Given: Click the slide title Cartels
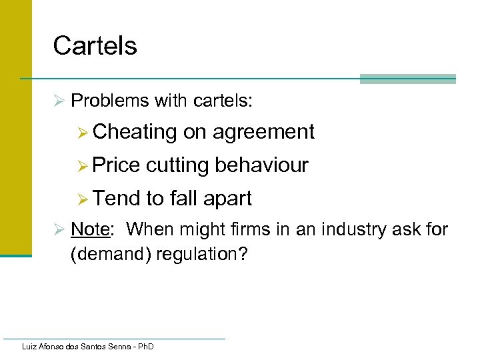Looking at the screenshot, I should point(95,45).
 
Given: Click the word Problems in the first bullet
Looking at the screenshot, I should point(110,101).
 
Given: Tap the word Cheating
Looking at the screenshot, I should point(135,132).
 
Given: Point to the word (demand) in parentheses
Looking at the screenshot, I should point(110,255).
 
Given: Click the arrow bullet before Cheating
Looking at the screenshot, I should point(82,133).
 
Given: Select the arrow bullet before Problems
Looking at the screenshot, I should point(59,101).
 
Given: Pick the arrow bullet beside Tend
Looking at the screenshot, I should point(82,199).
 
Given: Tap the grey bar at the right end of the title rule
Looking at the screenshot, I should point(407,79).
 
